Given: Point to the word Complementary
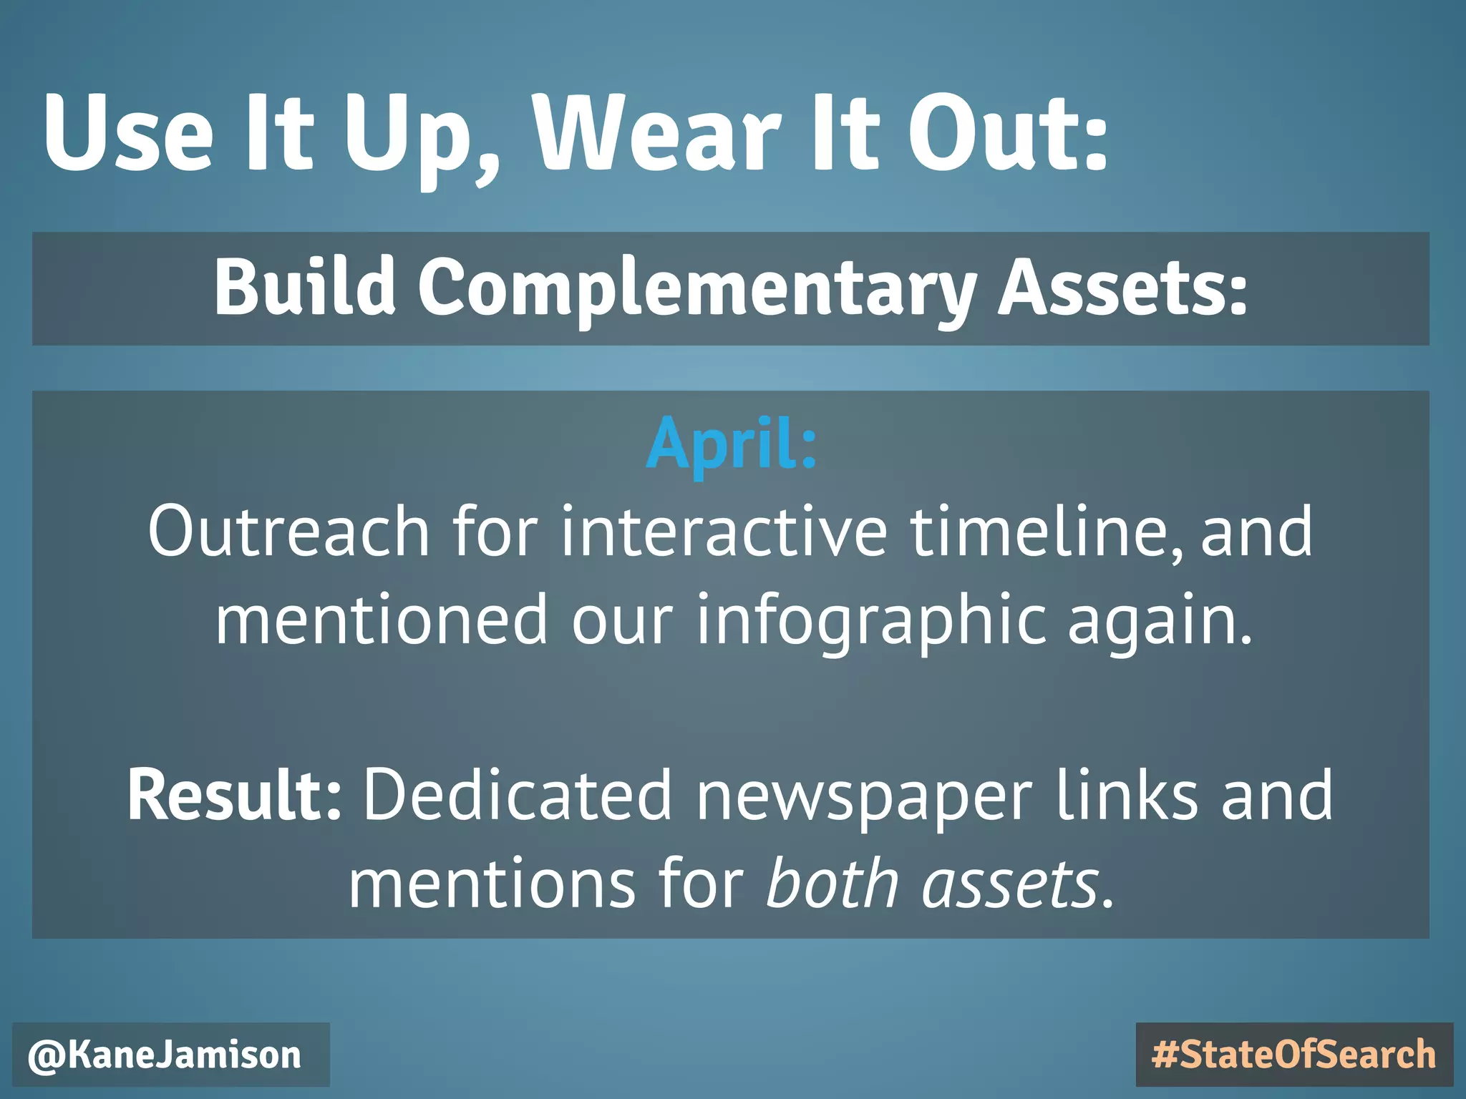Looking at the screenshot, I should point(698,290).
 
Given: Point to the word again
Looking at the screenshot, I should point(1160,621).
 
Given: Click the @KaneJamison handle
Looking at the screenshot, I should point(165,1055).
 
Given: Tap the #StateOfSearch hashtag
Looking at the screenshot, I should point(1294,1055).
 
